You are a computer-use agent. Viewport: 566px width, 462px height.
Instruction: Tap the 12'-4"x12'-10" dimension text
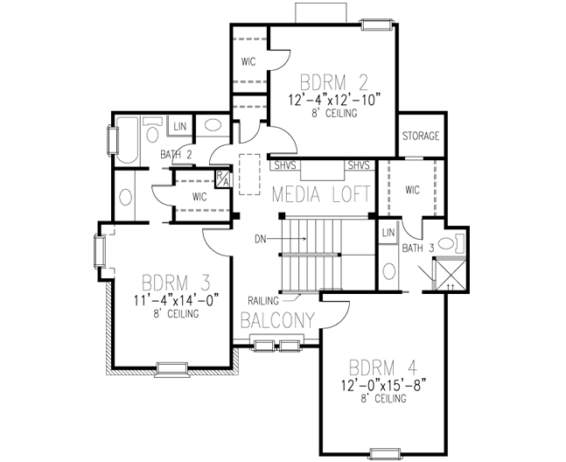333,100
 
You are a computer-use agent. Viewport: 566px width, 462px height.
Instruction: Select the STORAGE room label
420,136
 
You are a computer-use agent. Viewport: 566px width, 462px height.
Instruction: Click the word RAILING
262,299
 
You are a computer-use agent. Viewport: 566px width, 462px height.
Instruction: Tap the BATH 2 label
176,155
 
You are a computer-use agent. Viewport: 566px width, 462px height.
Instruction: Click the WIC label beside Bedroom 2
248,61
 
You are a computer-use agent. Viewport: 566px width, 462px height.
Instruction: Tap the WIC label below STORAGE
414,189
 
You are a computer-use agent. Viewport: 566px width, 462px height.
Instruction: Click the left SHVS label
284,164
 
